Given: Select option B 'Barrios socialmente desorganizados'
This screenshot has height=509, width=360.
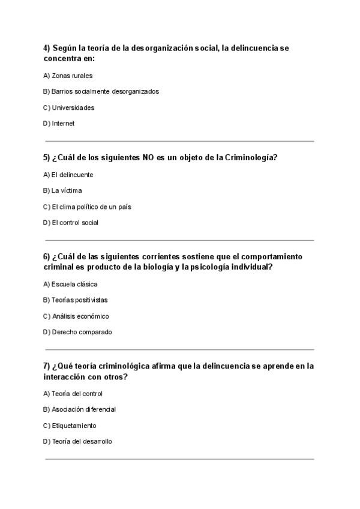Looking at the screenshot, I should point(101,92).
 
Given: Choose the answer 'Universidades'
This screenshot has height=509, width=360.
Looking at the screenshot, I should point(68,108).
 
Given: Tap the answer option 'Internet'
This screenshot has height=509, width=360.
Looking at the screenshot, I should point(59,124).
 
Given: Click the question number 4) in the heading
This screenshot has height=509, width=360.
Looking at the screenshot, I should point(47,48).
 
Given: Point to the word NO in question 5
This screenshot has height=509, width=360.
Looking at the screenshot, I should point(148,158).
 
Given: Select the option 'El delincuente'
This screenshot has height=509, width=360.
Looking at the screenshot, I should point(68,175).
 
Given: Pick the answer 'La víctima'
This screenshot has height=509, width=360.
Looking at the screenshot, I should point(62,191).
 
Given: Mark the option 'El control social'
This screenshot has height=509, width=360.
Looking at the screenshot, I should point(70,223).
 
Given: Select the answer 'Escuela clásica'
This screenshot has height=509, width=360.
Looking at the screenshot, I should point(70,285).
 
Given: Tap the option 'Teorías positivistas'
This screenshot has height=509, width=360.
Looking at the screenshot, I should point(75,300).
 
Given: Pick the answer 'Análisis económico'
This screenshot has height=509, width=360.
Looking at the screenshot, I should point(76,316).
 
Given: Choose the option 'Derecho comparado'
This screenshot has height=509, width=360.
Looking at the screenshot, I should point(77,332).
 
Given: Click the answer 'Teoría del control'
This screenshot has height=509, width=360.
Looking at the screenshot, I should point(73,394).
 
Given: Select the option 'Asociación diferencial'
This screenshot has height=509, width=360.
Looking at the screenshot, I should point(79,409).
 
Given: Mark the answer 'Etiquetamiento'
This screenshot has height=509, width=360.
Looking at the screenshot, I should point(70,426).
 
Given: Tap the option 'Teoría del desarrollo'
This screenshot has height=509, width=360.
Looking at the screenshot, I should point(77,441).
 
